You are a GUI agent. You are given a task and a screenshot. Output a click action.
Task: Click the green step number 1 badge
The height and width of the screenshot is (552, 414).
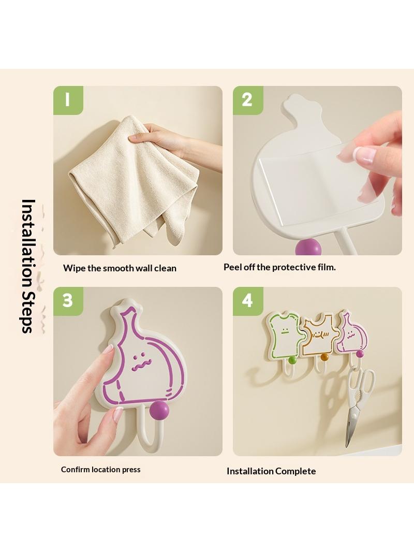68,100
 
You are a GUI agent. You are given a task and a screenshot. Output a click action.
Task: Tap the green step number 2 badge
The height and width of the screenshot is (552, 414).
248,100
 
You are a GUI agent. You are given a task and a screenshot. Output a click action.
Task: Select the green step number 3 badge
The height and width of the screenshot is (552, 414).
68,301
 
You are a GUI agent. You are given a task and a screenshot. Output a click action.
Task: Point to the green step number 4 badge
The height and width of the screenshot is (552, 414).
248,301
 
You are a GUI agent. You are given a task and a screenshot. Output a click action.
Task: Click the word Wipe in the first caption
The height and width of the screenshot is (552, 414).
74,268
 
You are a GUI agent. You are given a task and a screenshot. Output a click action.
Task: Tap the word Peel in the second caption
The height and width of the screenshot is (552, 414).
233,267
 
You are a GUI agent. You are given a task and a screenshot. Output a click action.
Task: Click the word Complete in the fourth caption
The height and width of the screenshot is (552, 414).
295,471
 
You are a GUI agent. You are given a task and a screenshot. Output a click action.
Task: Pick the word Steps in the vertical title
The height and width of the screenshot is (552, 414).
27,312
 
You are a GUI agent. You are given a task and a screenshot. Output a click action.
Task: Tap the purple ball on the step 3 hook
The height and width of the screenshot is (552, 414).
159,411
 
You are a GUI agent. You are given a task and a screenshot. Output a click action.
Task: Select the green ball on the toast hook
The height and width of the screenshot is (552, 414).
292,360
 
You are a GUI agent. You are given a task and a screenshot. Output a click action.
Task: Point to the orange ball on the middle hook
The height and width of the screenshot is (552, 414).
324,358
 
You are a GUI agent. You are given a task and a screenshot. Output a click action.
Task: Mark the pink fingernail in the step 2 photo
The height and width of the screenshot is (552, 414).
365,155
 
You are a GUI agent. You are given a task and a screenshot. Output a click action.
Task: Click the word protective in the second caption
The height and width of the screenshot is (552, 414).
294,268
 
